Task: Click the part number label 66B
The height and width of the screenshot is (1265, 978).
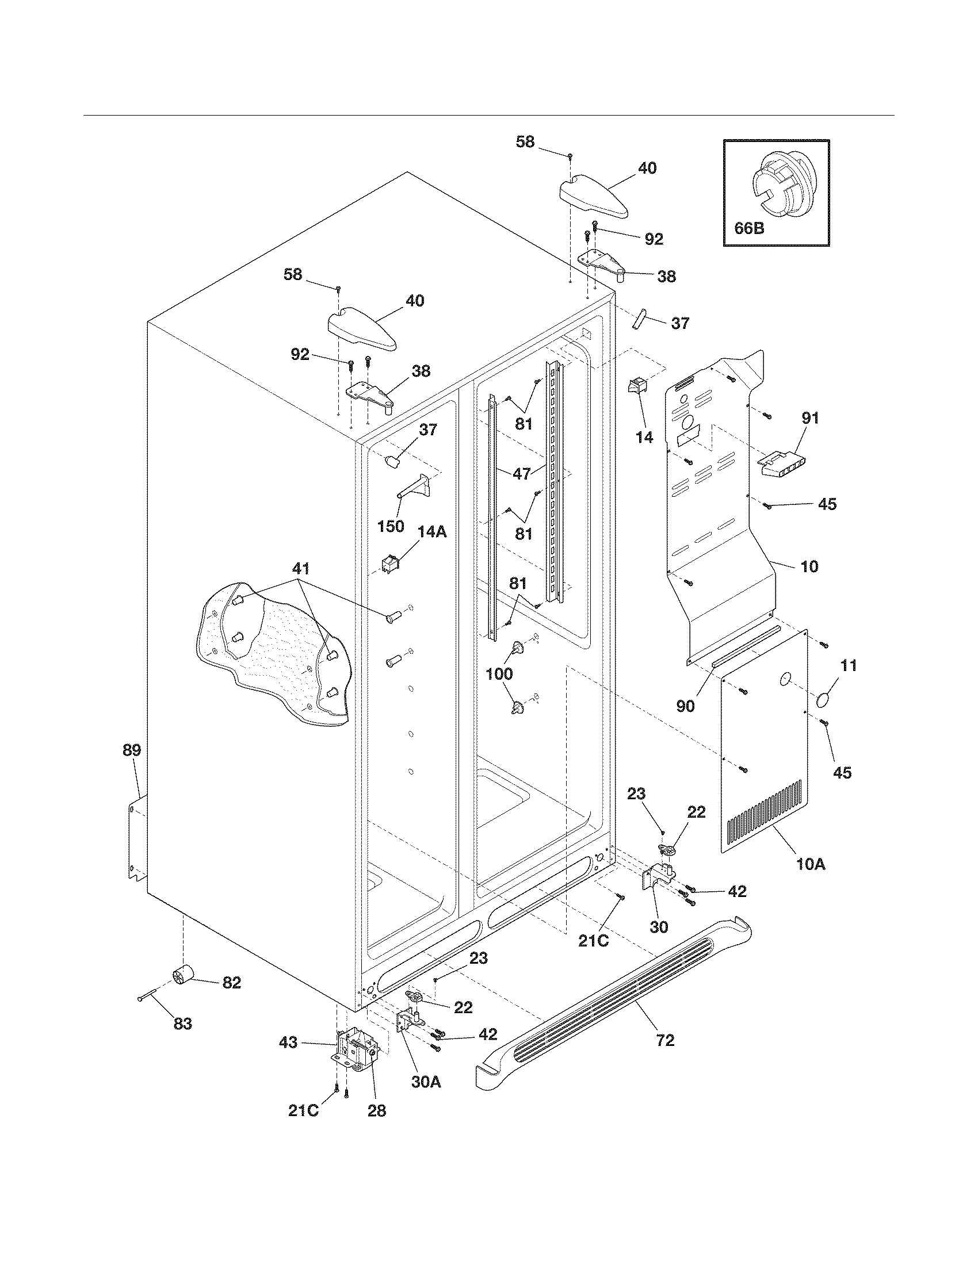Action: point(749,228)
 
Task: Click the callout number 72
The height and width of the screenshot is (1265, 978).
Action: point(666,1041)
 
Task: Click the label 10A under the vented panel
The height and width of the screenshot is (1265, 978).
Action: point(811,881)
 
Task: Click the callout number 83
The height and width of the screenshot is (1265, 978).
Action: point(183,1024)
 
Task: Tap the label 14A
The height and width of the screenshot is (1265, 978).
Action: point(432,531)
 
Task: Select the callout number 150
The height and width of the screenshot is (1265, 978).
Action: point(391,527)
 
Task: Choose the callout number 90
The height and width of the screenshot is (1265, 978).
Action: point(685,707)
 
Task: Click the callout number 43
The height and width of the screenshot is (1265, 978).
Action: point(288,1042)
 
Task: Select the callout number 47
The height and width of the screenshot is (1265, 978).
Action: point(522,473)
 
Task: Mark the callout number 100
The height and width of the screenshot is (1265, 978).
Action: point(499,673)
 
